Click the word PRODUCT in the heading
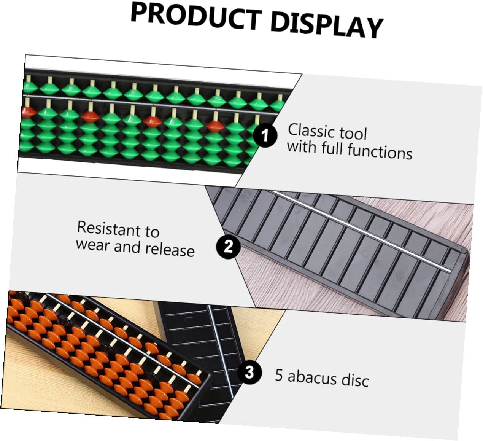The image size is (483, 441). coord(195,17)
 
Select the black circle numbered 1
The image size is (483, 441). coord(265,136)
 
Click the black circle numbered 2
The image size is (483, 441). coord(228,247)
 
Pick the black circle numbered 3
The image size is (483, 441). coord(249,372)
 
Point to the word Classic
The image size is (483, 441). coord(311,131)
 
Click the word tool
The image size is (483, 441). coord(353,134)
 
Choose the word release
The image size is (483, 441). coord(170,250)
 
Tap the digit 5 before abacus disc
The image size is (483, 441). coord(279,375)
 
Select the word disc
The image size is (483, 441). coord(355,380)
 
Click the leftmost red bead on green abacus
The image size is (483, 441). coord(29,112)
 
